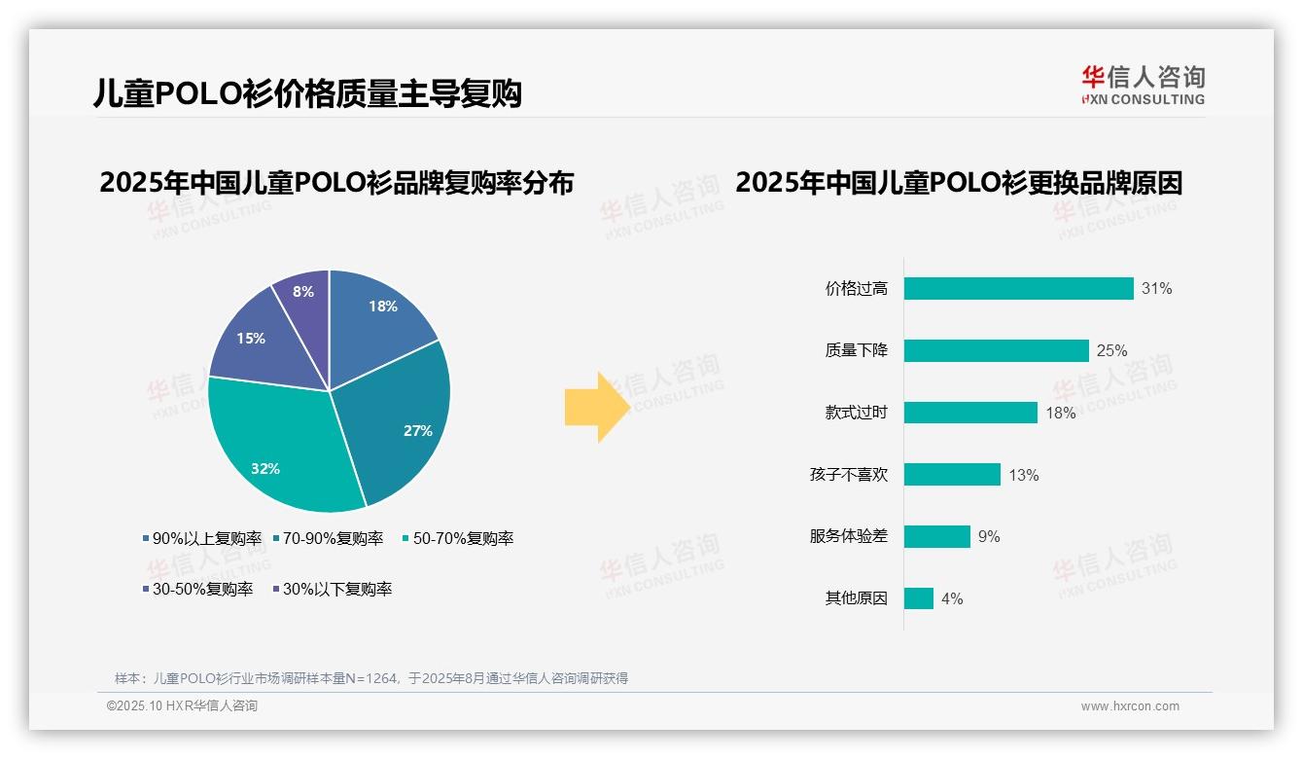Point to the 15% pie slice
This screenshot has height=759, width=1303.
[255, 341]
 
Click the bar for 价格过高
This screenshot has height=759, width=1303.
[1018, 288]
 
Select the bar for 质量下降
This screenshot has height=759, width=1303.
[996, 350]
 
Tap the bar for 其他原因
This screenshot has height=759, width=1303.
[918, 598]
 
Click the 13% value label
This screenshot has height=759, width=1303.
[1023, 475]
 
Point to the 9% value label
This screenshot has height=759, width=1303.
[988, 537]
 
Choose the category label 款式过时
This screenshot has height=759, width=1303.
[856, 413]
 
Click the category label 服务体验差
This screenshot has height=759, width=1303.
[848, 537]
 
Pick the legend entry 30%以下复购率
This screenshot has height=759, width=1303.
[336, 589]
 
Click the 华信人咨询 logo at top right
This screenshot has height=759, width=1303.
[1143, 85]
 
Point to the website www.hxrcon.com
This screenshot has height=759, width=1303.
[1130, 706]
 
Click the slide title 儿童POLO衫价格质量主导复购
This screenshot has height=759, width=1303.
[308, 93]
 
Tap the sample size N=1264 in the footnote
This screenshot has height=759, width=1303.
[370, 678]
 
